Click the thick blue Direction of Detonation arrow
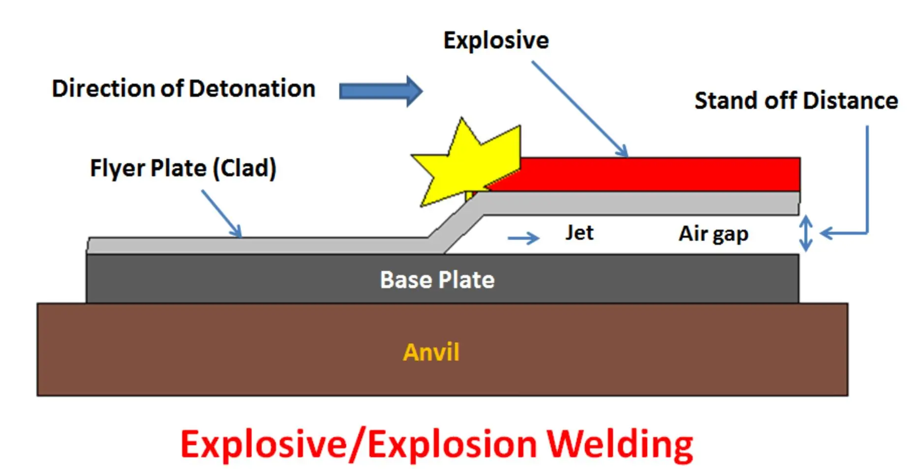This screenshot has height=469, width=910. click(381, 91)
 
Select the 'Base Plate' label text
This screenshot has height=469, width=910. click(437, 280)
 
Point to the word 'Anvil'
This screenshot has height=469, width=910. click(431, 352)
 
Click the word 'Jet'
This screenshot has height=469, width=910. click(579, 232)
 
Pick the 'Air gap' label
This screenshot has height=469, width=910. click(713, 234)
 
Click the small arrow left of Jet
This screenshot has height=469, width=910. click(523, 238)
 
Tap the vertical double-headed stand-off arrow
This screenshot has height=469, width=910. click(805, 233)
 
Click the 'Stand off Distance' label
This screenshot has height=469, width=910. click(796, 100)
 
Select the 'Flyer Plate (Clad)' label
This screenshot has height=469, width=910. click(183, 168)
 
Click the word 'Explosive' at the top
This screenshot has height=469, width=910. click(496, 40)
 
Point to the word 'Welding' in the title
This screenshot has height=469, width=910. click(620, 444)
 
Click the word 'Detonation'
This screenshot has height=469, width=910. click(252, 89)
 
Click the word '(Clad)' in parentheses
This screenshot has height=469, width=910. click(244, 168)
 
